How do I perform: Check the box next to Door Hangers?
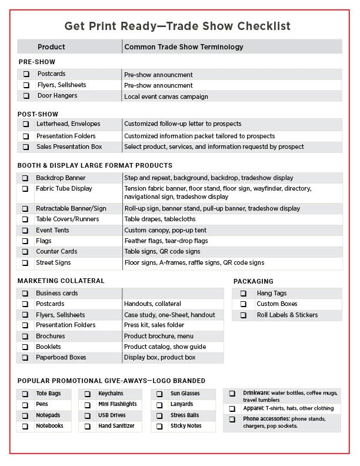(x=26, y=96)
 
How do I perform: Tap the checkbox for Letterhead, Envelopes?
(x=26, y=124)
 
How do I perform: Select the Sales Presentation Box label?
(x=69, y=147)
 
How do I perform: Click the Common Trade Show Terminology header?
(x=184, y=47)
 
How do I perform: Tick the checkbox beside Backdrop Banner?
(x=25, y=178)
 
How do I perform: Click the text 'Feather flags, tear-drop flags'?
(x=166, y=241)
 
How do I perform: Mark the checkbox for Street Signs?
(x=25, y=262)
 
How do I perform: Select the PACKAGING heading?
(x=253, y=281)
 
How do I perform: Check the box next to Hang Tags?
(x=243, y=293)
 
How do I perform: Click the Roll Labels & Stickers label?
(x=286, y=315)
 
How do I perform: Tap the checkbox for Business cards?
(x=25, y=293)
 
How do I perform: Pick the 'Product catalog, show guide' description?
(x=165, y=347)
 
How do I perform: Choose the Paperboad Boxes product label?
(x=61, y=357)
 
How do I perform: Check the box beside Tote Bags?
(x=25, y=394)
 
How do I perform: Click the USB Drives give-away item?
(x=112, y=415)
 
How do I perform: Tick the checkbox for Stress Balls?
(x=159, y=415)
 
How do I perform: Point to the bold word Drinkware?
(x=256, y=392)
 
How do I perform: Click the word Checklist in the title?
(x=261, y=26)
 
